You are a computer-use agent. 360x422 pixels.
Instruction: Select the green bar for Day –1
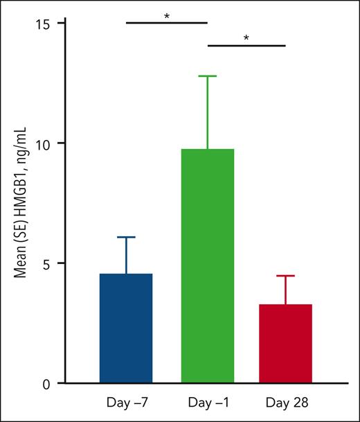click(208, 266)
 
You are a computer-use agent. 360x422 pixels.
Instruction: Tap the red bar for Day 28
click(285, 344)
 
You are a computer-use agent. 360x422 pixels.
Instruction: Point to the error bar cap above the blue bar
click(126, 237)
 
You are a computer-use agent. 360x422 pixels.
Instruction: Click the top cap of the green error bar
click(208, 76)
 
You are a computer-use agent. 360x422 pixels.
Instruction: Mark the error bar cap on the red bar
click(285, 276)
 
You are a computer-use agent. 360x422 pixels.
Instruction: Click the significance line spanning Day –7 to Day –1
click(167, 22)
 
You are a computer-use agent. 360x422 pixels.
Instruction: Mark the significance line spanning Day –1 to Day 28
click(246, 46)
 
